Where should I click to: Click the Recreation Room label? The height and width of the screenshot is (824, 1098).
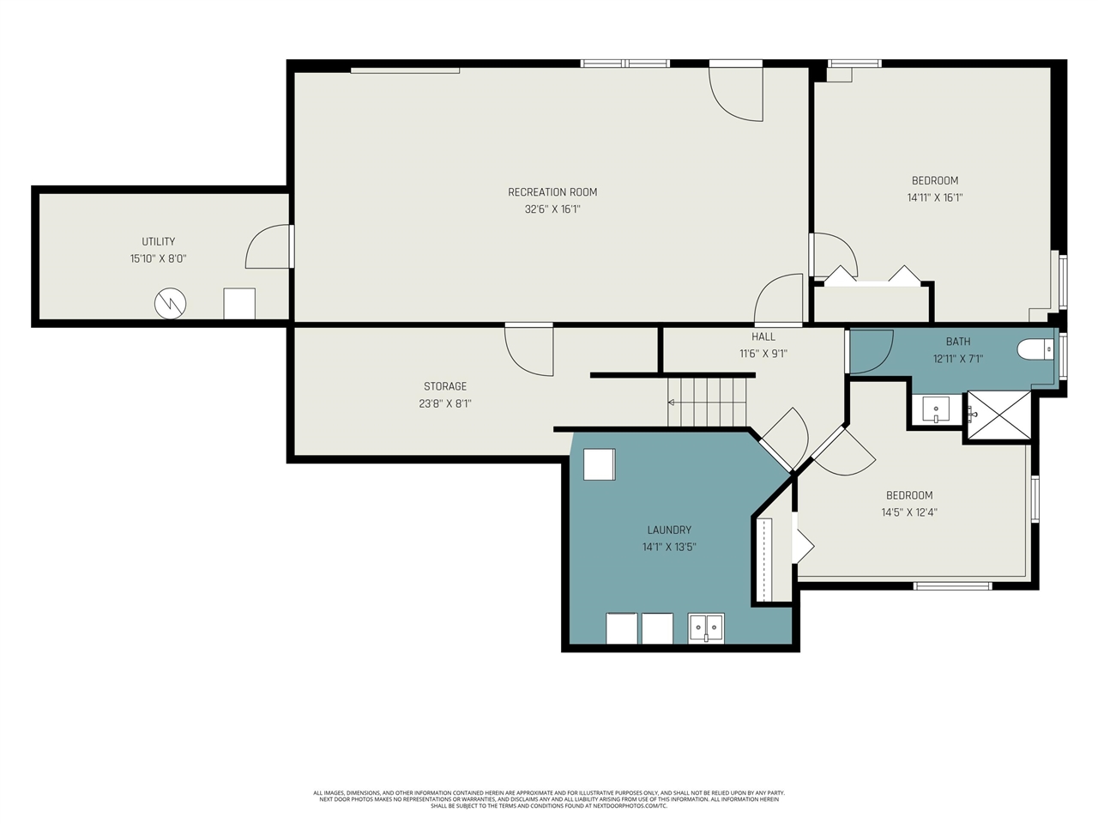pos(552,192)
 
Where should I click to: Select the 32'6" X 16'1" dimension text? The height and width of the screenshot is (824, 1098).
pos(552,209)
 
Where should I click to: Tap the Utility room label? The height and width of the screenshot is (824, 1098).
pos(159,242)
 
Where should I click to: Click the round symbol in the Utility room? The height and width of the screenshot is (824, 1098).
pos(170,303)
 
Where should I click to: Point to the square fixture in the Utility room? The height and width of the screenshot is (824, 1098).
pos(239,304)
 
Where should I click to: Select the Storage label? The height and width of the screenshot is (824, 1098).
pos(445,386)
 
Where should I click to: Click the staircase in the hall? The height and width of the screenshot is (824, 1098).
pos(708,402)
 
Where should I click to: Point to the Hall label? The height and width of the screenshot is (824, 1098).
pos(763,336)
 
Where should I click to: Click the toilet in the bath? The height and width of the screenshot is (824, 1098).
pos(1035,349)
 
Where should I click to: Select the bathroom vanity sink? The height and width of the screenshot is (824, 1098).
pos(936,409)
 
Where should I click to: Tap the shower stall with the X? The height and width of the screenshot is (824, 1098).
pos(999,416)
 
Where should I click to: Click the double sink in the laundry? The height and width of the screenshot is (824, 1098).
pos(706,627)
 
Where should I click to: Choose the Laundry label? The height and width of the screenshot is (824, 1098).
pos(669,530)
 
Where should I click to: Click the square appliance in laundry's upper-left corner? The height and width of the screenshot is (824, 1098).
pos(600,464)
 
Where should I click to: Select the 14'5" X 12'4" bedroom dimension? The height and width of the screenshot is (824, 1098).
pos(909,512)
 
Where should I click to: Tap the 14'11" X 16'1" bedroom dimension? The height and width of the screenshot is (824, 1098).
pos(935,197)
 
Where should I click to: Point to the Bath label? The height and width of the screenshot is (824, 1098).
pos(958,342)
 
